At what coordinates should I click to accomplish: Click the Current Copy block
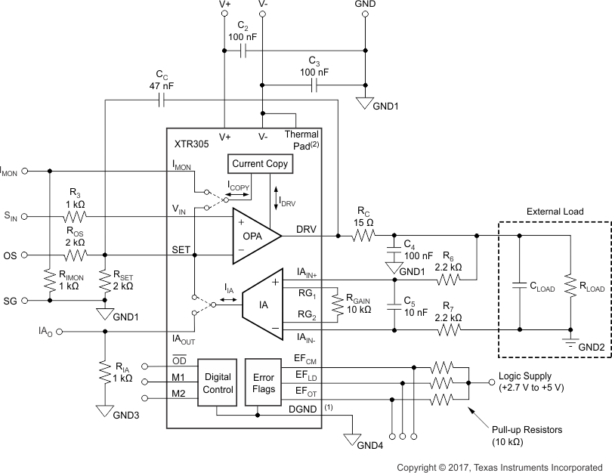(x=259, y=164)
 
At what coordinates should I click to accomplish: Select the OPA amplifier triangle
(x=253, y=236)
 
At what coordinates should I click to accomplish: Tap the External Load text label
(x=555, y=212)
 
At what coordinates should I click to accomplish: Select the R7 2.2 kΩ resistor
(x=449, y=330)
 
